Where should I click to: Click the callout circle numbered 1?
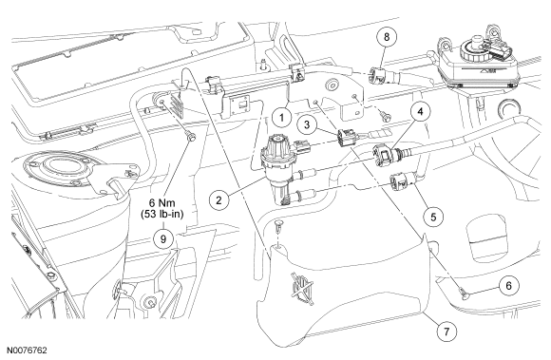(281, 117)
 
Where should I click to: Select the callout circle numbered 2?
(218, 200)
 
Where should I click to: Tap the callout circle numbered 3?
(307, 124)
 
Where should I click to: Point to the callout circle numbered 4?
(420, 111)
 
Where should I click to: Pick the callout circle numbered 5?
(433, 217)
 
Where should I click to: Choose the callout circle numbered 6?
(509, 285)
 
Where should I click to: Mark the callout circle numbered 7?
(446, 332)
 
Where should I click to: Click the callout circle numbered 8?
(387, 36)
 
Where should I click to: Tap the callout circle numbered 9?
(162, 238)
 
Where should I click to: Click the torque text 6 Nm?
(162, 202)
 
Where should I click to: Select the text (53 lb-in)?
(162, 215)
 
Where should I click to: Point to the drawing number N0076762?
(27, 351)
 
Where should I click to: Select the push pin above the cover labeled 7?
(278, 225)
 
